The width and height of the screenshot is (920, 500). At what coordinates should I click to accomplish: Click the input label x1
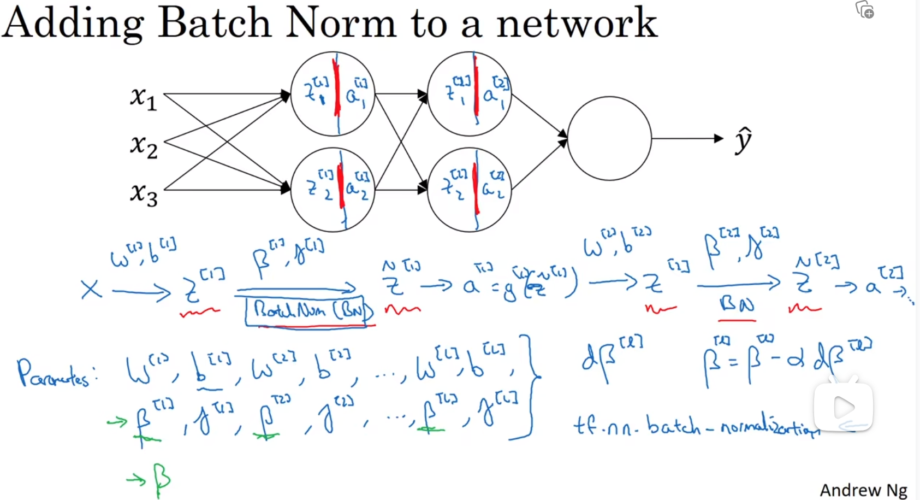(143, 98)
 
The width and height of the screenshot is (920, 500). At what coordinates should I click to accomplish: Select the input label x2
(143, 146)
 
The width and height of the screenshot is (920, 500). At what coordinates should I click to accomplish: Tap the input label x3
(143, 195)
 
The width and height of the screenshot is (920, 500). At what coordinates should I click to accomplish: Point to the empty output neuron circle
(609, 138)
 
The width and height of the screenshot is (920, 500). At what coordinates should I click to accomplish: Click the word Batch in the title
(215, 23)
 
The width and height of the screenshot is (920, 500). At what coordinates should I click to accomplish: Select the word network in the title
(577, 23)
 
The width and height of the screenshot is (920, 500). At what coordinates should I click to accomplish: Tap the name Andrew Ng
(863, 490)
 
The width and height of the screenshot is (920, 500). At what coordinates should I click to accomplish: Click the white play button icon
(844, 407)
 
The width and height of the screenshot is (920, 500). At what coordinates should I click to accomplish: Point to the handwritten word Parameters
(55, 374)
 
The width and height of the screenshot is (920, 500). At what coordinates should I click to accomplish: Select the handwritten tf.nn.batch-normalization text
(696, 426)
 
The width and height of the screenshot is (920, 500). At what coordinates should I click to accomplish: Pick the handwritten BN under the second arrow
(737, 304)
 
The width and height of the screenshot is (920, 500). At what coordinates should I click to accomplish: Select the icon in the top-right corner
(865, 10)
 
